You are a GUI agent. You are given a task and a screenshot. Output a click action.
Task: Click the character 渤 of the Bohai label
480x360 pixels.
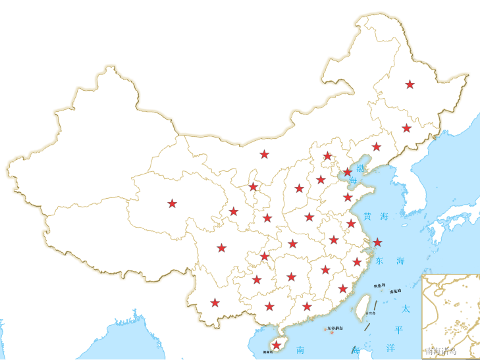360,168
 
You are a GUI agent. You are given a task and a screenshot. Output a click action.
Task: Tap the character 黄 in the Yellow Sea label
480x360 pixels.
367,216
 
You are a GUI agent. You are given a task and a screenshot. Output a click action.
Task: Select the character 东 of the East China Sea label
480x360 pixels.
379,261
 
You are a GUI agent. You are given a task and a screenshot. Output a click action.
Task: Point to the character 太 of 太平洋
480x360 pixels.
406,308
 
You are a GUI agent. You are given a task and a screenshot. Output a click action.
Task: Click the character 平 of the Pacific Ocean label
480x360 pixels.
398,329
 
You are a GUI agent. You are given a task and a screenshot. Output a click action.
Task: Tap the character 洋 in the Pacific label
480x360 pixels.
390,347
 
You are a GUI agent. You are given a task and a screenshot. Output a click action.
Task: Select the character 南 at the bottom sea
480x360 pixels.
300,349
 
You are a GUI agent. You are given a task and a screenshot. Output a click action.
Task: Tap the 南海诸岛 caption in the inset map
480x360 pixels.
441,351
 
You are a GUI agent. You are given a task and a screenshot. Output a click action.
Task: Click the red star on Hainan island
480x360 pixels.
277,345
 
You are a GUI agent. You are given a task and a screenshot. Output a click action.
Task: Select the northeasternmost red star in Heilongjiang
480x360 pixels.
410,84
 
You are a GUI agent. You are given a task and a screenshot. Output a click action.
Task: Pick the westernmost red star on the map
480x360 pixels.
172,203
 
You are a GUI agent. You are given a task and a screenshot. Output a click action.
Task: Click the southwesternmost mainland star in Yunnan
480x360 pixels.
215,303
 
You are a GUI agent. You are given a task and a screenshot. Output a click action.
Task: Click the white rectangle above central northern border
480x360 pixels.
237,58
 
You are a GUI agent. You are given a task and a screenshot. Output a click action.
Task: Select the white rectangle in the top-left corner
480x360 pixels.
41,51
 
